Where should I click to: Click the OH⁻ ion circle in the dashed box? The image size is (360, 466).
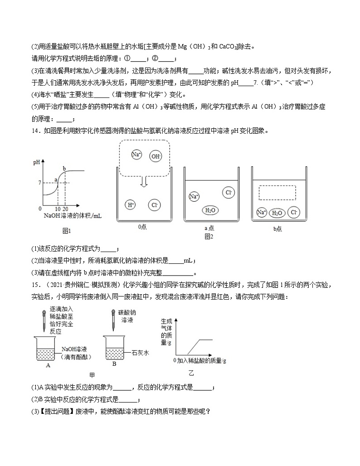tap(156, 156)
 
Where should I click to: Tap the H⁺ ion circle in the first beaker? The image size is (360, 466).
tap(131, 205)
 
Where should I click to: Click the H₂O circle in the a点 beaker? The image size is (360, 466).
tap(210, 210)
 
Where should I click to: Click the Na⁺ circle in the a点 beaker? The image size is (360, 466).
tap(194, 197)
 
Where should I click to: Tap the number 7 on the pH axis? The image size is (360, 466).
tap(40, 183)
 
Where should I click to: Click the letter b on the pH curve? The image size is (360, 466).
tap(64, 169)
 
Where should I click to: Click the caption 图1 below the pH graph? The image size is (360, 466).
tap(67, 231)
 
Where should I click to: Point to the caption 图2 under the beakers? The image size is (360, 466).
tap(209, 236)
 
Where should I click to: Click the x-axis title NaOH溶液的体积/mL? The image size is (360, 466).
tap(73, 216)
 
